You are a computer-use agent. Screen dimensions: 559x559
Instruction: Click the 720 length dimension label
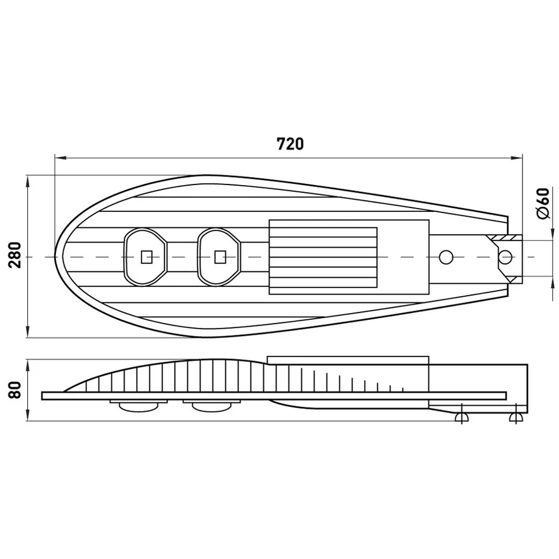(x=290, y=144)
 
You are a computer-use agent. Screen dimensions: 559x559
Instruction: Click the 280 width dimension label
(x=16, y=255)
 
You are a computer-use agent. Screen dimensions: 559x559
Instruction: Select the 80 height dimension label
(x=16, y=389)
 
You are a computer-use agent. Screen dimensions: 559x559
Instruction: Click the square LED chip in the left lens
(x=147, y=257)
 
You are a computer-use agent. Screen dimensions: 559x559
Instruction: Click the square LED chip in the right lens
(x=220, y=257)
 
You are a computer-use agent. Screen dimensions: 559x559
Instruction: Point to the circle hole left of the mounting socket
(x=446, y=257)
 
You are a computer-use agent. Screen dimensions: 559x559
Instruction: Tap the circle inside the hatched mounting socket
(x=505, y=257)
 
